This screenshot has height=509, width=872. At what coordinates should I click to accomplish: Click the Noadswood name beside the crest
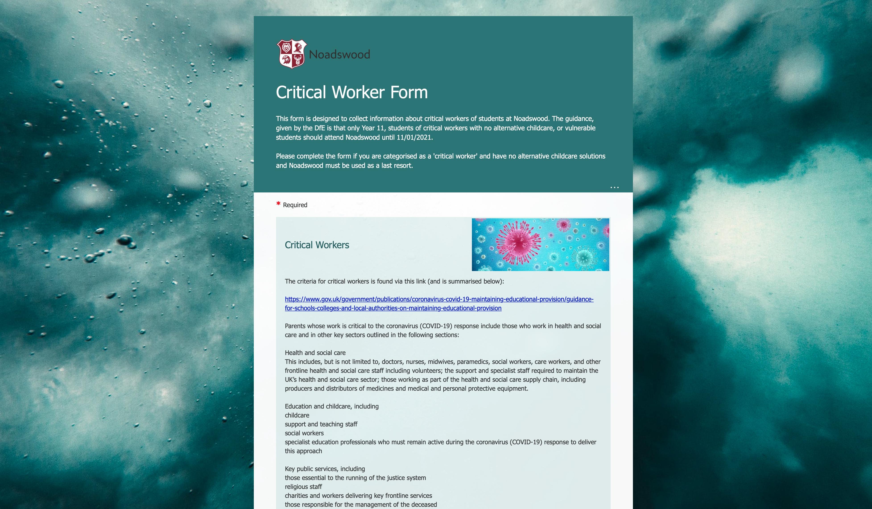(x=339, y=54)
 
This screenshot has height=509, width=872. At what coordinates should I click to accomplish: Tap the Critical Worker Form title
(x=351, y=92)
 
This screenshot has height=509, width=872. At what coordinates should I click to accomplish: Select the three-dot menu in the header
(x=614, y=188)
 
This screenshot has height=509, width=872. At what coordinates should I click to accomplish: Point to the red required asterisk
(x=278, y=204)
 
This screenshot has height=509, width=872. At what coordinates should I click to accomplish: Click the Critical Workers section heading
(x=317, y=245)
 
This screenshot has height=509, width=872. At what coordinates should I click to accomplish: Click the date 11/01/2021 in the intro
(x=414, y=138)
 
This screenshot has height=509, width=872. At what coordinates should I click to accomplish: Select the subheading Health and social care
(x=315, y=353)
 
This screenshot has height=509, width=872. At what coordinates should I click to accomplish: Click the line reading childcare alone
(x=297, y=415)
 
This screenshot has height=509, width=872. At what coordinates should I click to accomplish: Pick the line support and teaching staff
(x=321, y=424)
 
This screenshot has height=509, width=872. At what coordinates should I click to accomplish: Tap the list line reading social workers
(x=304, y=433)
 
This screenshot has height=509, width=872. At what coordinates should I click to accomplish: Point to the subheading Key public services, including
(x=324, y=469)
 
